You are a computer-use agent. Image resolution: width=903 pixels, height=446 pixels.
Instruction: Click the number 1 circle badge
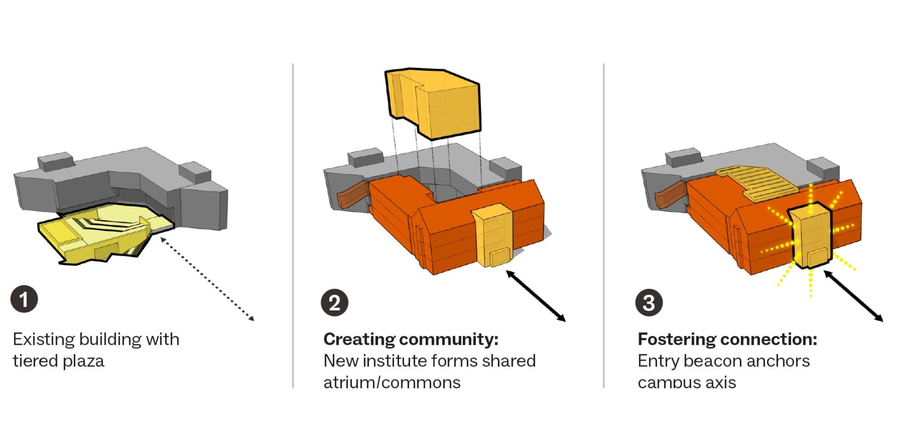24,299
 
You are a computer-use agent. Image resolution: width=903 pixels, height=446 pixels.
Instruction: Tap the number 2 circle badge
335,303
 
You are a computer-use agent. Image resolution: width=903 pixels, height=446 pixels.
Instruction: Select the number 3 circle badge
649,303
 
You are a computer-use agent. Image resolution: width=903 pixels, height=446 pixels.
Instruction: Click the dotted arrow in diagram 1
208,279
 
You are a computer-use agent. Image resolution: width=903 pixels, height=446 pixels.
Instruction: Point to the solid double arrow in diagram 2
536,296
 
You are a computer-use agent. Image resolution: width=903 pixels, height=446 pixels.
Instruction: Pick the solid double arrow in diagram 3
853,296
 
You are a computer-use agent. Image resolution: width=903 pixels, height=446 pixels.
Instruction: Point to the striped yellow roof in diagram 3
759,183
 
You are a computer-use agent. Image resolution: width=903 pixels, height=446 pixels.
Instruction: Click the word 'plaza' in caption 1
83,361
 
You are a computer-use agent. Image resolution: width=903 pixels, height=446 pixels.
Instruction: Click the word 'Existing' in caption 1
44,339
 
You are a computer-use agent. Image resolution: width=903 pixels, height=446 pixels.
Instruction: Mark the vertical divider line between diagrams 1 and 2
293,226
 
